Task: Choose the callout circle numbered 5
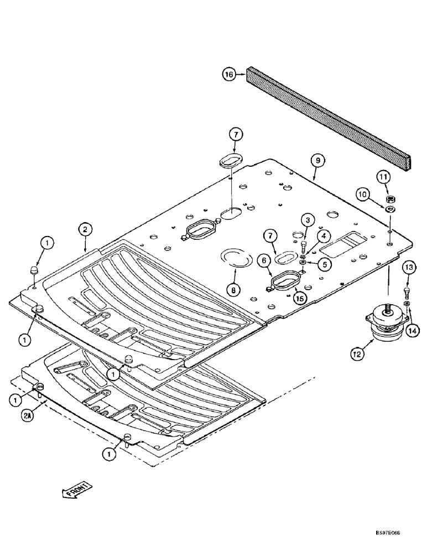[326, 265]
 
